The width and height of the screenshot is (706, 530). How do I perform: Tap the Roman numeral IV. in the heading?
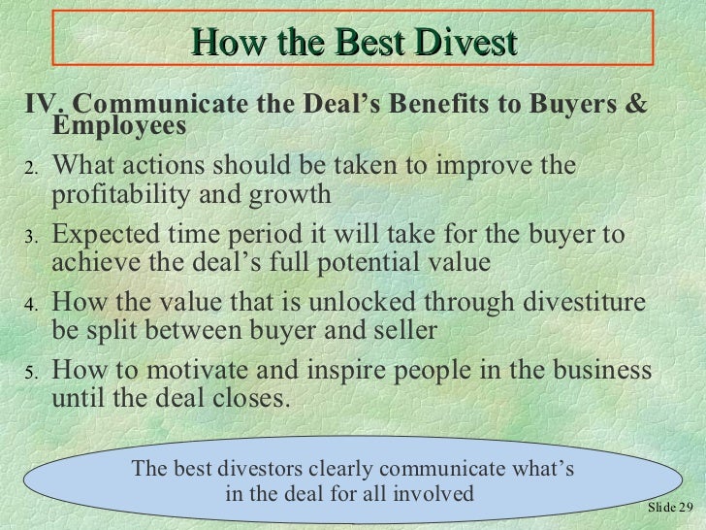pyautogui.click(x=45, y=105)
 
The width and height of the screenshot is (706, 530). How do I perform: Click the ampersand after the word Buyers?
pyautogui.click(x=633, y=105)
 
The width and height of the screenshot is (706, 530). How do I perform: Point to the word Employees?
pyautogui.click(x=117, y=127)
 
